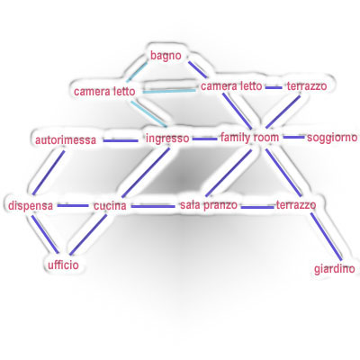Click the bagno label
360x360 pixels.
pos(166,56)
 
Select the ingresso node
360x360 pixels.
pos(167,139)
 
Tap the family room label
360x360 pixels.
pos(250,138)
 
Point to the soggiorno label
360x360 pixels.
pos(332,138)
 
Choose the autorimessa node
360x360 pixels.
pos(66,140)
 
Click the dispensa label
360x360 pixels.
pos(31,206)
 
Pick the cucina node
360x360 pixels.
pos(110,206)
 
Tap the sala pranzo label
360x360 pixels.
pos(209,205)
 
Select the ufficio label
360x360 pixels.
pos(63,265)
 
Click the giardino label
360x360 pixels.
pos(335,269)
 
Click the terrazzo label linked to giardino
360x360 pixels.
pos(296,205)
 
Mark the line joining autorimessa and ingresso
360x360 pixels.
pos(121,140)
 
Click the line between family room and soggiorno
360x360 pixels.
pos(294,138)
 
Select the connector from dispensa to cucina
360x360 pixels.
pos(73,206)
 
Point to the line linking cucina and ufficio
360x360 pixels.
pos(88,234)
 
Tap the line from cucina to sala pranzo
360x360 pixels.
pos(153,206)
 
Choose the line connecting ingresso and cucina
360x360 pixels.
pos(146,172)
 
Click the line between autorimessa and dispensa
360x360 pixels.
pos(49,172)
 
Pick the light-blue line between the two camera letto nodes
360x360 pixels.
pos(169,91)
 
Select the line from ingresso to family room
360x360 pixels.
pos(204,139)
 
